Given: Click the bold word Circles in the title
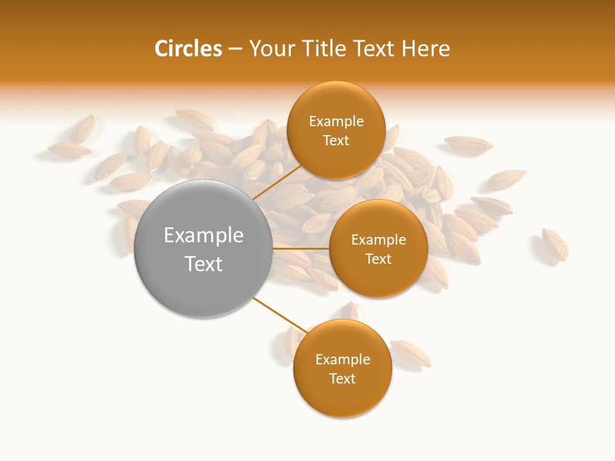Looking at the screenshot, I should [188, 49].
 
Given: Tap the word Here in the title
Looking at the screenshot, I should [425, 49].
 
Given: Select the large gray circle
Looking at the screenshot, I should [204, 248].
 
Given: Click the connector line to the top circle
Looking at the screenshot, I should [277, 181].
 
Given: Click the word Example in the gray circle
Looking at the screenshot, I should [204, 235].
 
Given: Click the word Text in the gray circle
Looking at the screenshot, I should [204, 264].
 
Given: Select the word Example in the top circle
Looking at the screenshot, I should [336, 121].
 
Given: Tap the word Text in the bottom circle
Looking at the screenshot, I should [342, 378].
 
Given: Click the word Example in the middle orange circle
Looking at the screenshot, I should [378, 239].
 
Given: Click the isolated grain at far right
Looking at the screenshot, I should [555, 244].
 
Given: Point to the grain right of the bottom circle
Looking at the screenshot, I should [411, 353].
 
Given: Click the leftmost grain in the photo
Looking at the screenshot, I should [69, 150].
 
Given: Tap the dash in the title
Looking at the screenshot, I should [235, 49].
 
